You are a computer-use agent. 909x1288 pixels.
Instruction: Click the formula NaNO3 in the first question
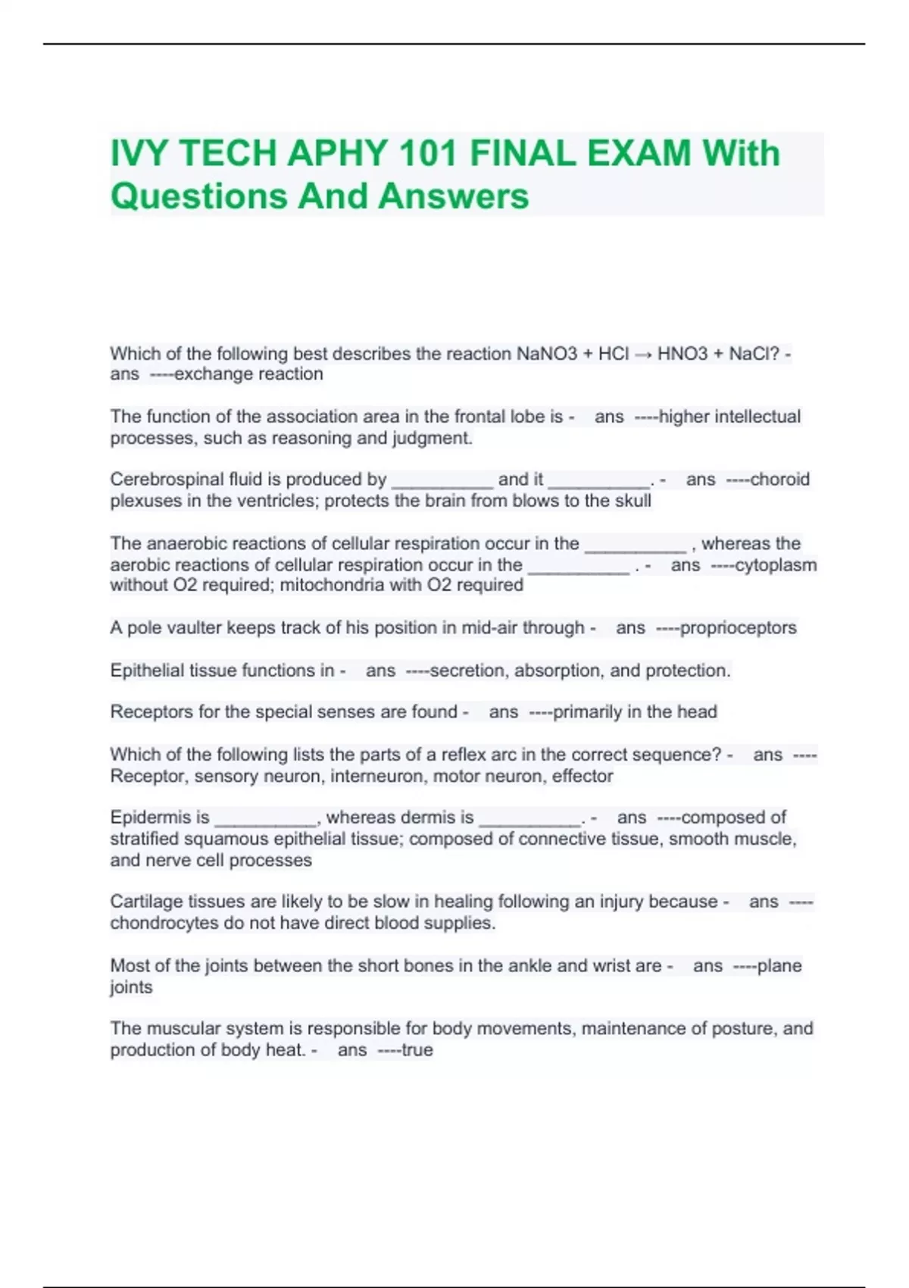click(546, 354)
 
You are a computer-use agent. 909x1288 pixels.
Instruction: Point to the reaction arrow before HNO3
click(643, 355)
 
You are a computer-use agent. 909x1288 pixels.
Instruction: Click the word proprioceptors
click(738, 628)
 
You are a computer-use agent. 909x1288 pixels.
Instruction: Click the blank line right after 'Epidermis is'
click(266, 821)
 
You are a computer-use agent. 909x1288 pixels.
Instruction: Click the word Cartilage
click(145, 902)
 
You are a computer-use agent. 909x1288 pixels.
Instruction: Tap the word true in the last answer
click(417, 1050)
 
